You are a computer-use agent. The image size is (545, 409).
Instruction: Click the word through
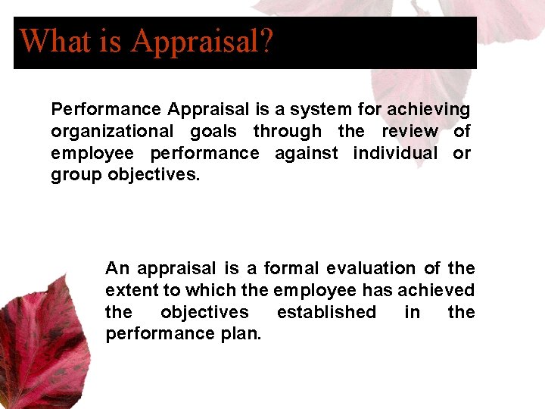[x=288, y=132]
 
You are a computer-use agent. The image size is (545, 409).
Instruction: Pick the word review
[x=409, y=132]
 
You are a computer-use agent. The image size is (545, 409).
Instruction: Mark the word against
[x=306, y=154]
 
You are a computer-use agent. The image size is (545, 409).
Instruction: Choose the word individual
[x=395, y=154]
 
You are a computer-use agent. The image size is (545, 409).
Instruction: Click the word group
[x=76, y=176]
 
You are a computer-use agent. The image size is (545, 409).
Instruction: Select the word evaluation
[x=372, y=268]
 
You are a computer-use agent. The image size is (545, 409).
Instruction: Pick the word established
[x=326, y=312]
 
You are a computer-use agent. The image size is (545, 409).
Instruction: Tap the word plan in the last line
[x=241, y=335]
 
